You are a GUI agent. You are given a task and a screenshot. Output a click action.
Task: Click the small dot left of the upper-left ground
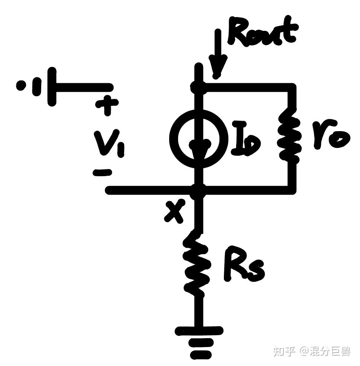point(21,86)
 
